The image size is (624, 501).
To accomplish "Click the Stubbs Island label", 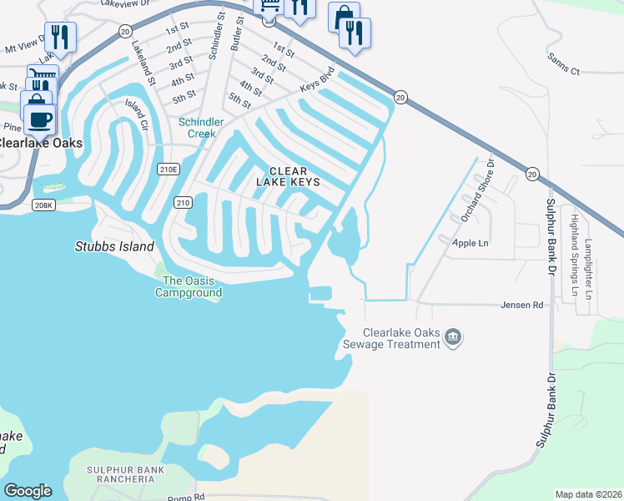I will [114, 246].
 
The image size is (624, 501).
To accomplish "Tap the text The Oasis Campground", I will [192, 286].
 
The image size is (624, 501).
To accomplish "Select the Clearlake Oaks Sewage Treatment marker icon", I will [453, 337].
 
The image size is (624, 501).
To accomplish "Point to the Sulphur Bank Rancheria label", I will [125, 475].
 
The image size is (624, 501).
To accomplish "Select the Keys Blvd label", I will [317, 83].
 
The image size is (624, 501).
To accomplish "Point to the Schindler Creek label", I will [201, 128].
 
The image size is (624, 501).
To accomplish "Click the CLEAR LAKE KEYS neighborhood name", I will [294, 176].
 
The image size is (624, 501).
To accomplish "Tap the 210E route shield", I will [169, 170].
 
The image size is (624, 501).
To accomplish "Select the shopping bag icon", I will [343, 17].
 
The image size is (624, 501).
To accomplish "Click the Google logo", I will [28, 491].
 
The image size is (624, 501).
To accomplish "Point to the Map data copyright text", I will [588, 494].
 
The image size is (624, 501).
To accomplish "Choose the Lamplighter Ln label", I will [588, 267].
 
